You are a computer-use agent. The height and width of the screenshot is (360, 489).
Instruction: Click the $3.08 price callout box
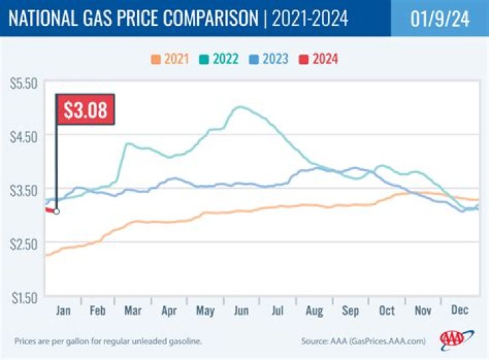pos(85,109)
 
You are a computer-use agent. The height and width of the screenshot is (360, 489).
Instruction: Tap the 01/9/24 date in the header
pos(439,17)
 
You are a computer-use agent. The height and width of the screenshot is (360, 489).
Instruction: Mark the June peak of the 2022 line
pos(239,107)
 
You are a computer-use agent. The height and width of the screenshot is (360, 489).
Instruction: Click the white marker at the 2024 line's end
pos(56,211)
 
